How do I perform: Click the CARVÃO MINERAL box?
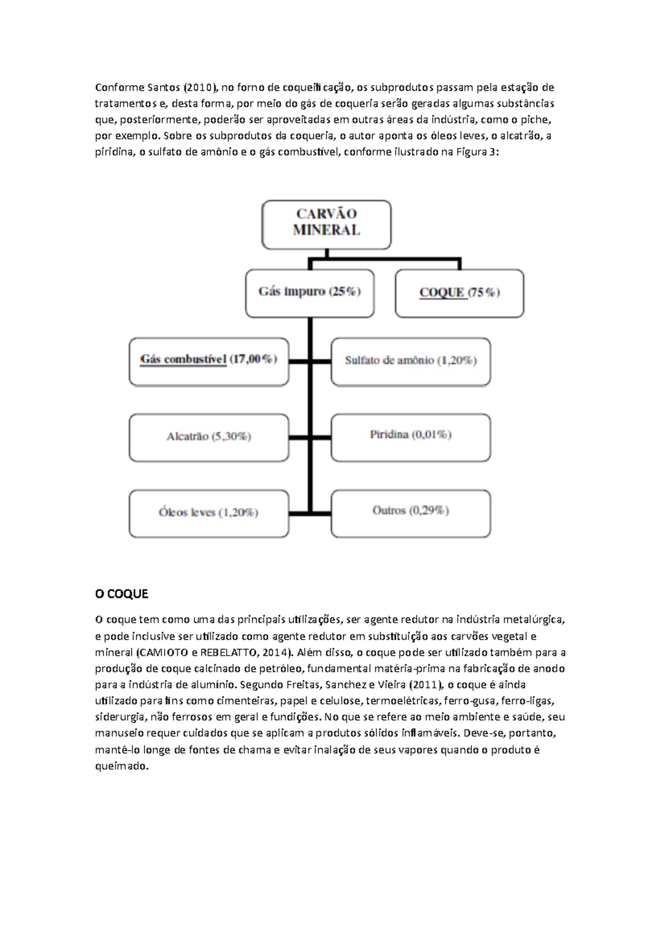point(326,224)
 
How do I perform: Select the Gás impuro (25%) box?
point(310,293)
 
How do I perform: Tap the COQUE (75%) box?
point(459,293)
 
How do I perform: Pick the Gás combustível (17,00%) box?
point(209,361)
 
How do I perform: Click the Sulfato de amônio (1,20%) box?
point(411,361)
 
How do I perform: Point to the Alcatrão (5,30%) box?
point(209,437)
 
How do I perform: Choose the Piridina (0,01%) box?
point(411,436)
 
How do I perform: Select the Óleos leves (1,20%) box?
point(209,513)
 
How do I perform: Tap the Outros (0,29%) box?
point(411,512)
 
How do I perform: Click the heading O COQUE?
point(121,594)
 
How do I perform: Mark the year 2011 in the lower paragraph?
point(426,684)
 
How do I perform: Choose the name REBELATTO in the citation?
point(226,652)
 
